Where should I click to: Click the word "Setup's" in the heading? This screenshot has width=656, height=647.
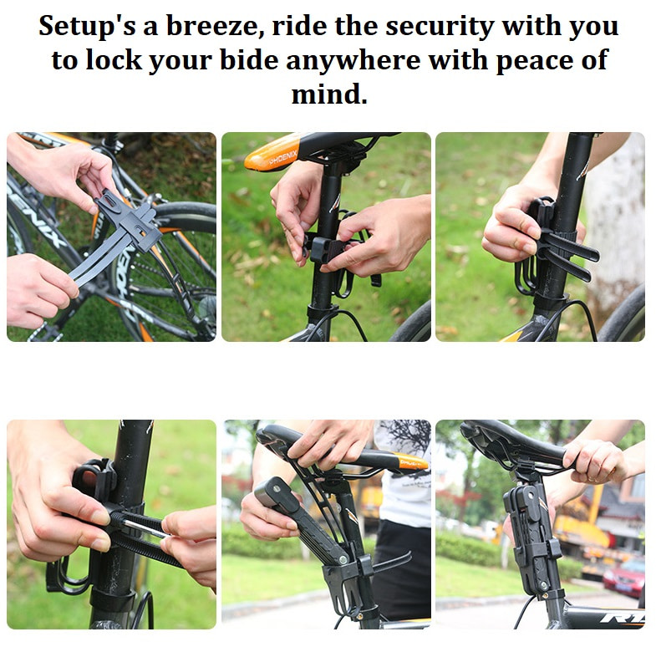(87, 26)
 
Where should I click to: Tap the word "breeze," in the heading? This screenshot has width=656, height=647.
(215, 26)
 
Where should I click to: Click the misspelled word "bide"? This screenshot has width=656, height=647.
(249, 60)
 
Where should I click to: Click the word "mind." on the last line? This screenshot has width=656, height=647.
(329, 94)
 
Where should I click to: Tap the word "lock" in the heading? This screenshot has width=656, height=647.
(114, 60)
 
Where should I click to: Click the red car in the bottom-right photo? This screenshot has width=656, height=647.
(625, 578)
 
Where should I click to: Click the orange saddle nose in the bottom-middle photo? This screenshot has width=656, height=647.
(410, 461)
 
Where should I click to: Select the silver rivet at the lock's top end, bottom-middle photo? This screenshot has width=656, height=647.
(276, 488)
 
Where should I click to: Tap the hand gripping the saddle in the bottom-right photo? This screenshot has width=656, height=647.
(594, 461)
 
